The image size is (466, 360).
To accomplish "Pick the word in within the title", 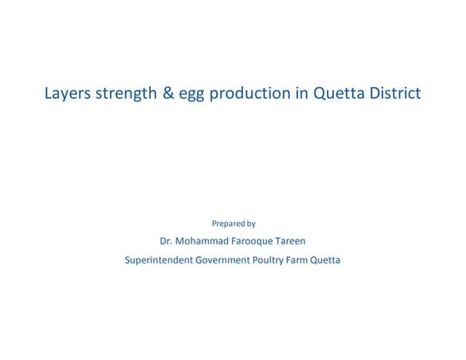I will pos(301,93).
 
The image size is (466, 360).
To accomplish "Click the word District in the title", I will pos(394,93).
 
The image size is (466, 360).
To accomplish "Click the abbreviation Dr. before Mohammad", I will pos(166,241).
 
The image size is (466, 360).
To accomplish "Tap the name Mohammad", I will pos(202,241).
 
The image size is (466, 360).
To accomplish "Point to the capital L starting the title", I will pos(48,93).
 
